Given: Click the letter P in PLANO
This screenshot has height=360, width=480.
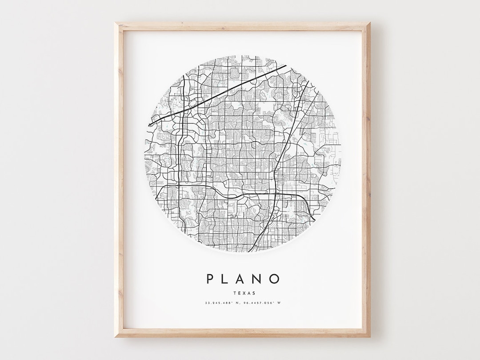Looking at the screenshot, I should tap(210, 279).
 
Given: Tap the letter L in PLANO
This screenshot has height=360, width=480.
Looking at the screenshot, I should tap(227, 279).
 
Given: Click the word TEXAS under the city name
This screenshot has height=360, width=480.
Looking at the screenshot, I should tap(242, 293).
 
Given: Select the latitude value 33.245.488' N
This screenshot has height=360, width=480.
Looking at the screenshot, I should tap(220, 303).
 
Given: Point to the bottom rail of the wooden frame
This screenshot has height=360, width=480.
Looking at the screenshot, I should tap(242, 333).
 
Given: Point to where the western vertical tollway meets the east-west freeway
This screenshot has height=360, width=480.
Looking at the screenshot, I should tap(178, 186).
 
